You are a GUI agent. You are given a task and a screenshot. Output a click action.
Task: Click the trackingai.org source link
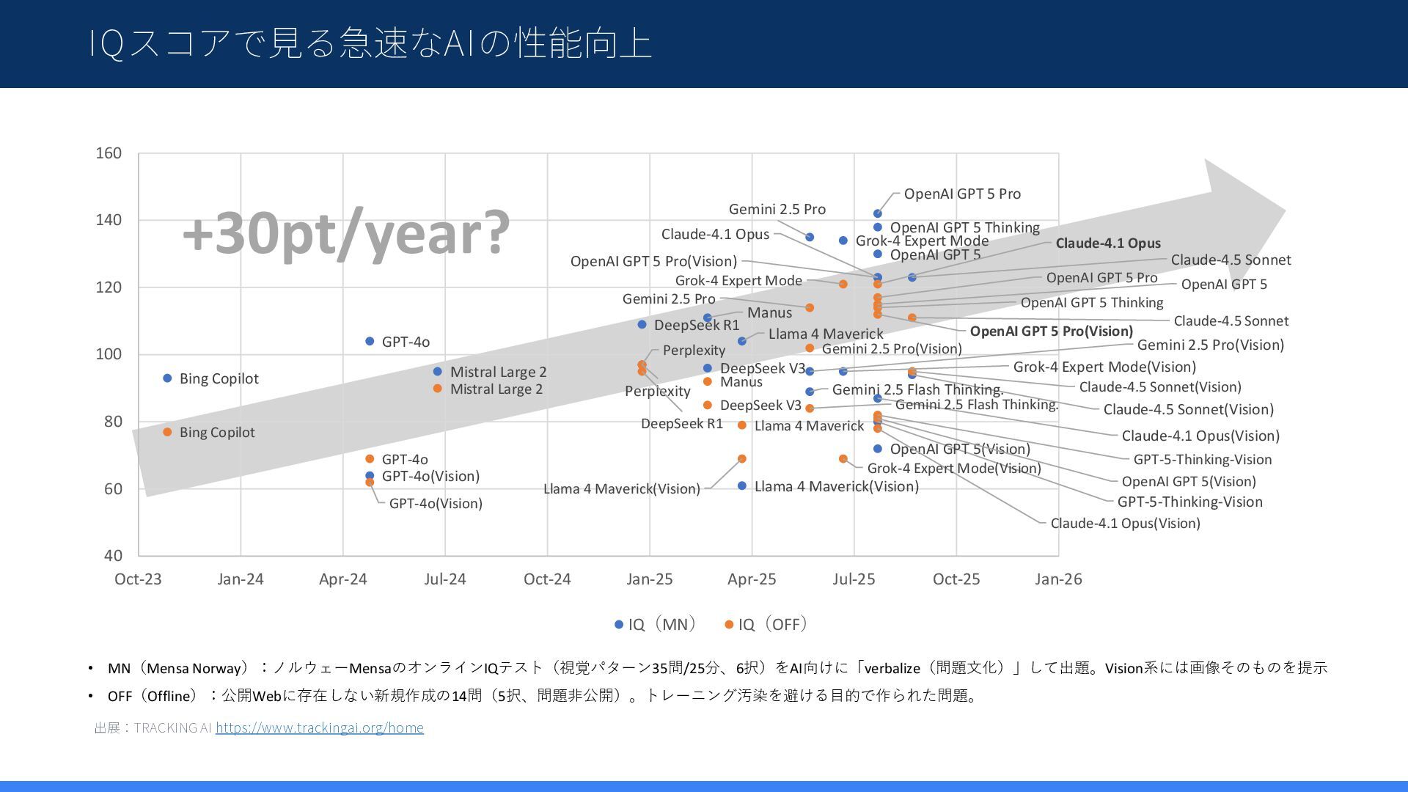(319, 727)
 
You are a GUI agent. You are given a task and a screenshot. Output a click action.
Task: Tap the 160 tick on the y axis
(109, 153)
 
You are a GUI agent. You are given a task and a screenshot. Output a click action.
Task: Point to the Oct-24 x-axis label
(547, 579)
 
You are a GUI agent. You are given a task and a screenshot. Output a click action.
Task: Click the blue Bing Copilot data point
(167, 378)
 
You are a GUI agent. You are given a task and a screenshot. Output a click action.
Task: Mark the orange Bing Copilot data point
(167, 432)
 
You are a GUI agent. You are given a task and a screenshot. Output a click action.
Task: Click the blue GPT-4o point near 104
(370, 342)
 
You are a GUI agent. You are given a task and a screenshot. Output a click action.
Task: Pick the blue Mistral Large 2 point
(438, 372)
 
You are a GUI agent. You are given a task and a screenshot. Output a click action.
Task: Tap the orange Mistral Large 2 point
(438, 389)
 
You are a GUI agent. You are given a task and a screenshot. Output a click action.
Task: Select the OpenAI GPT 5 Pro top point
(878, 214)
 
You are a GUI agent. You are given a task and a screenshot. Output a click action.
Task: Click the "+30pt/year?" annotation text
(345, 232)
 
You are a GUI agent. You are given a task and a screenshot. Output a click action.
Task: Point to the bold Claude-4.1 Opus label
(1108, 243)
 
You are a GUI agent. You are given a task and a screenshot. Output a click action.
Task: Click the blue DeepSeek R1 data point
(642, 325)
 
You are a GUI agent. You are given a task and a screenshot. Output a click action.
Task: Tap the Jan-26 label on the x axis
(1058, 579)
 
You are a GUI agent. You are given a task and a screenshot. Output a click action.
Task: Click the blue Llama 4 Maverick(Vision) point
(742, 486)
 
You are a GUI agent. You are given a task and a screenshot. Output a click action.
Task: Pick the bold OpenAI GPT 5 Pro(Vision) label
(1051, 331)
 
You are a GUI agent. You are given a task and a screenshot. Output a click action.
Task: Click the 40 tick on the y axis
(113, 556)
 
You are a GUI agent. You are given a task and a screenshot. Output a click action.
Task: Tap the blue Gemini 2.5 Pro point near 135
(810, 238)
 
